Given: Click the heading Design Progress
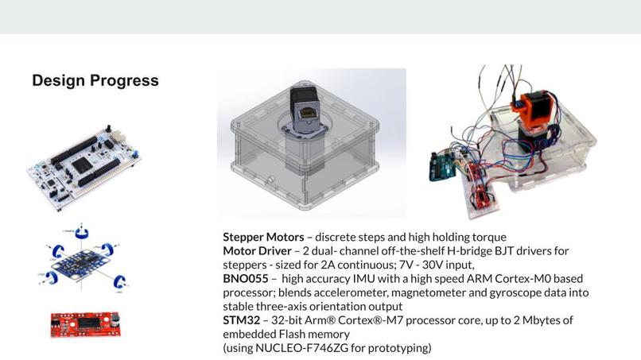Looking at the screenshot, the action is tap(95, 80).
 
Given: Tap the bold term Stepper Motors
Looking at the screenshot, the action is tap(263, 237).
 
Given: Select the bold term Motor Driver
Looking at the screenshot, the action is tap(257, 251).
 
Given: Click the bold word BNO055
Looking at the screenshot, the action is tap(245, 279).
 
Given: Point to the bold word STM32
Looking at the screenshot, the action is tap(241, 320).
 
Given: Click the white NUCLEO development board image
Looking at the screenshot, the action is tap(84, 168).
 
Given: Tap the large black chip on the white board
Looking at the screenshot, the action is tap(83, 165).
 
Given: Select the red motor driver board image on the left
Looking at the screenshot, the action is tap(85, 324).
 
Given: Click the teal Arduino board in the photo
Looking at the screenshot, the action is tap(441, 167).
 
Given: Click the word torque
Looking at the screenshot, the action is tap(489, 238).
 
